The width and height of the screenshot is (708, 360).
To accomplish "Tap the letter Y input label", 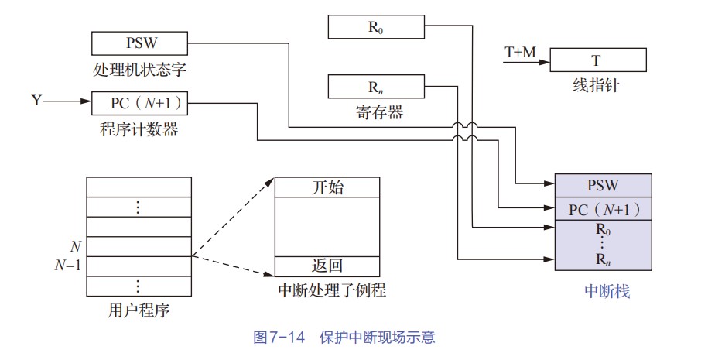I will pos(37,101).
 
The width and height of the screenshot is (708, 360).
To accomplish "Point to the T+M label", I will pos(520,52).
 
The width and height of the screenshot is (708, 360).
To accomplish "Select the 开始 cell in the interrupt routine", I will pos(327,187).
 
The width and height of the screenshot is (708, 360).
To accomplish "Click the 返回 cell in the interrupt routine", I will pos(327,266).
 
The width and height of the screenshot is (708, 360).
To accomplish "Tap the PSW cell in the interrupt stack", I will pos(606,185).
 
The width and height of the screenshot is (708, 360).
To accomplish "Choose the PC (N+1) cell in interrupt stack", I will pos(606,209).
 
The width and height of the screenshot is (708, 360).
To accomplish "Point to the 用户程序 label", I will pos(139,311).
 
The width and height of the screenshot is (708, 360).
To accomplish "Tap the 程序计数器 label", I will pos(139,129).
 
